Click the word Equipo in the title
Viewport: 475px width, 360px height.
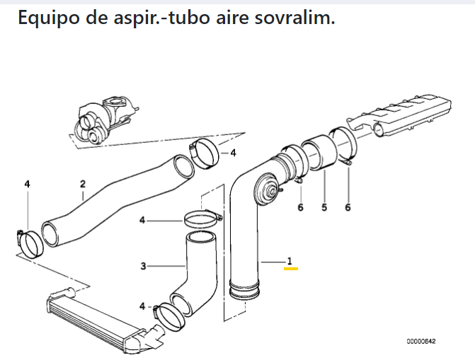(x=47, y=18)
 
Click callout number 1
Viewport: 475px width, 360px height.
(x=289, y=261)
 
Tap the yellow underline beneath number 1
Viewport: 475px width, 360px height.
(x=290, y=269)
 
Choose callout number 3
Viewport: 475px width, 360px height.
(x=143, y=267)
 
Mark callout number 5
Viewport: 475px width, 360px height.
(x=324, y=208)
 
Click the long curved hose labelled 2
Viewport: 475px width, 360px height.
(x=113, y=205)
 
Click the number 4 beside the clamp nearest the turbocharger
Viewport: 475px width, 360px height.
(x=234, y=152)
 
